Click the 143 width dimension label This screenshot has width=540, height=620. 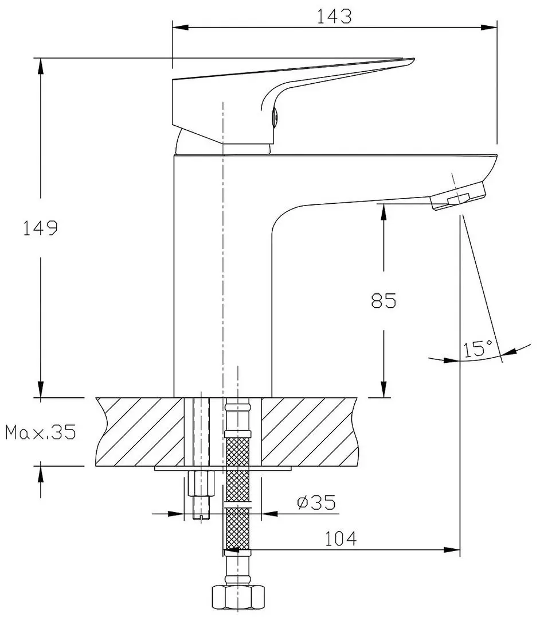click(335, 17)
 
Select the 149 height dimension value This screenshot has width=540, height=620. click(40, 228)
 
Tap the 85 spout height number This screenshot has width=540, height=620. click(384, 301)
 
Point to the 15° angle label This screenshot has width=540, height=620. click(478, 348)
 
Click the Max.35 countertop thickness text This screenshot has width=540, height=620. click(41, 432)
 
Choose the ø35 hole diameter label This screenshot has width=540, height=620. click(316, 503)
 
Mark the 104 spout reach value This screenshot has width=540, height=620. click(341, 539)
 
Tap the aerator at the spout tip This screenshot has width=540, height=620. click(457, 197)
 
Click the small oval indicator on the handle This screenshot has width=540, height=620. click(275, 117)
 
